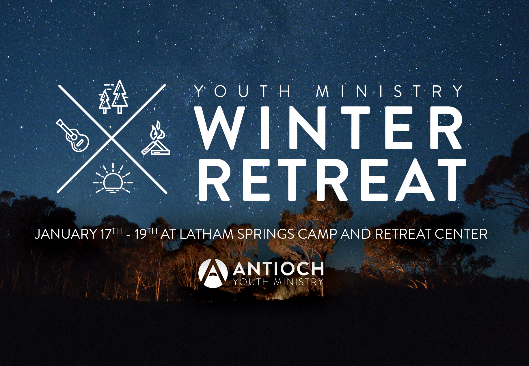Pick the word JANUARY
pos(66,234)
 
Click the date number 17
pos(106,234)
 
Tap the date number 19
pos(141,234)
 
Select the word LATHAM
pos(206,234)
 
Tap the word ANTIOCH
pos(278,269)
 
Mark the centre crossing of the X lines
pos(112,139)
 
